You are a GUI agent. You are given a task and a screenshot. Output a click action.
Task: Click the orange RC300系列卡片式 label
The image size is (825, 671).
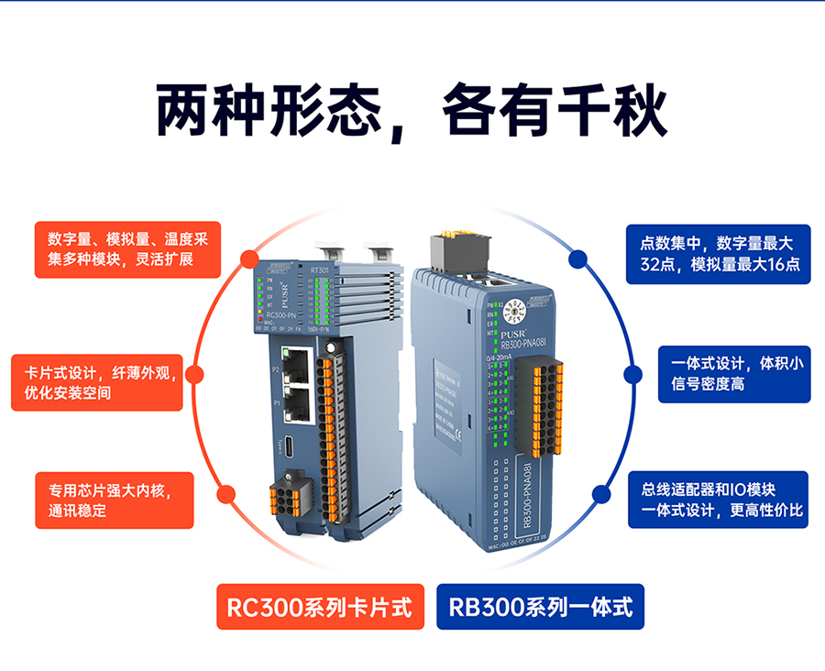click(320, 607)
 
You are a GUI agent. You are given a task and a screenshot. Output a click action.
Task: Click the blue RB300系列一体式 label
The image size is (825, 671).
click(540, 607)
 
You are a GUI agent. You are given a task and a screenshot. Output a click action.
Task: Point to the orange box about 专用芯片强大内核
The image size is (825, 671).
click(115, 500)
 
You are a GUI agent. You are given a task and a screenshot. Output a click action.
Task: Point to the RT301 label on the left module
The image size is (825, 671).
click(320, 270)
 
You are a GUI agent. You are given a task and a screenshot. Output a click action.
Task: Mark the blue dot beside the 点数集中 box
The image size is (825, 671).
click(577, 258)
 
